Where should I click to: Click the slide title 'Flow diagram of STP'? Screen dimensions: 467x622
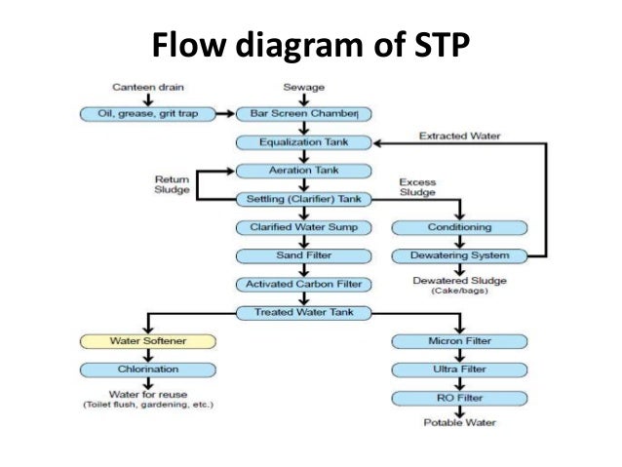310,45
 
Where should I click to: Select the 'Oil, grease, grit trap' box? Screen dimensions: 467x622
146,114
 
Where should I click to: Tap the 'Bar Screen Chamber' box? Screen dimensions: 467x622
304,114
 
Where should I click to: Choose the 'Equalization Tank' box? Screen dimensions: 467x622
304,142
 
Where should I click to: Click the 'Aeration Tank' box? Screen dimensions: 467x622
304,171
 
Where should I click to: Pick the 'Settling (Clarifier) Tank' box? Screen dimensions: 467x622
304,199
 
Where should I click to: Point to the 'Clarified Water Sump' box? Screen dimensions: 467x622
304,227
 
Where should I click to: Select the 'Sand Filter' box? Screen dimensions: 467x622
304,255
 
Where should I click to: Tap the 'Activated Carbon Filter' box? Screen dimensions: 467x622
304,285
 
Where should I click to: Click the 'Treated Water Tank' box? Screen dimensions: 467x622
304,312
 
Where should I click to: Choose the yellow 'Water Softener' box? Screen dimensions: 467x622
146,341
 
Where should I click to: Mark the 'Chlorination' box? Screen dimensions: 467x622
146,370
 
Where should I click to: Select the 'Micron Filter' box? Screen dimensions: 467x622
459,341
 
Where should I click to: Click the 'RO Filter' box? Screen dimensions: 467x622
459,398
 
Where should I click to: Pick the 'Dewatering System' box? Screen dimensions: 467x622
459,255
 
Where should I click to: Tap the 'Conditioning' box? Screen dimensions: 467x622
459,227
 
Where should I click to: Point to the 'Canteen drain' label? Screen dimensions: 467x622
146,88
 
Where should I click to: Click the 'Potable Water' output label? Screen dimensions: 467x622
459,423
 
